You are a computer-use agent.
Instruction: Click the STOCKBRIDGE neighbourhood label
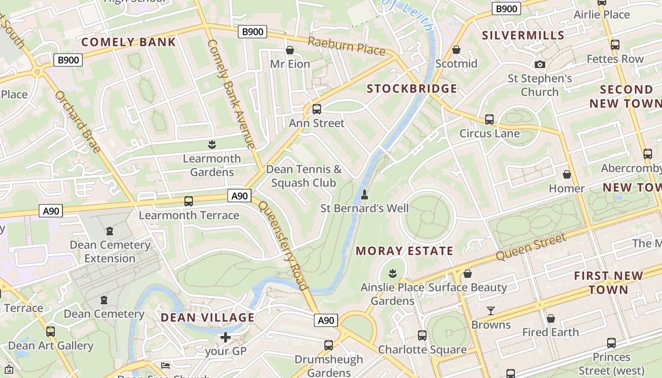412,89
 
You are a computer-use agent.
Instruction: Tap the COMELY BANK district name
129,42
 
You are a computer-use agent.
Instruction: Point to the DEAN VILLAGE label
208,318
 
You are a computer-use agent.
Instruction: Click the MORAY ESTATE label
404,251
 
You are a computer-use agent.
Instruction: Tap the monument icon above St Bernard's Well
365,194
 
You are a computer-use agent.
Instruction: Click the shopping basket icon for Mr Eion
290,50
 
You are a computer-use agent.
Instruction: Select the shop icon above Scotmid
456,50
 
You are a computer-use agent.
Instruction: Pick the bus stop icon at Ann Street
317,109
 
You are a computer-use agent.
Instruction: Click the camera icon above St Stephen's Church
540,64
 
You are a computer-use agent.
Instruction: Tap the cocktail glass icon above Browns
491,311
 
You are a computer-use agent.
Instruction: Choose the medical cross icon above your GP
226,337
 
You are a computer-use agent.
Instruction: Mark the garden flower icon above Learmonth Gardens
212,144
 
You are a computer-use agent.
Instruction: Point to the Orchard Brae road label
78,122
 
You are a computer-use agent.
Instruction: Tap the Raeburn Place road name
346,46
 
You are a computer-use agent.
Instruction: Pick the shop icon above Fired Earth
550,318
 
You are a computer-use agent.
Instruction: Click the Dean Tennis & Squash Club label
304,176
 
